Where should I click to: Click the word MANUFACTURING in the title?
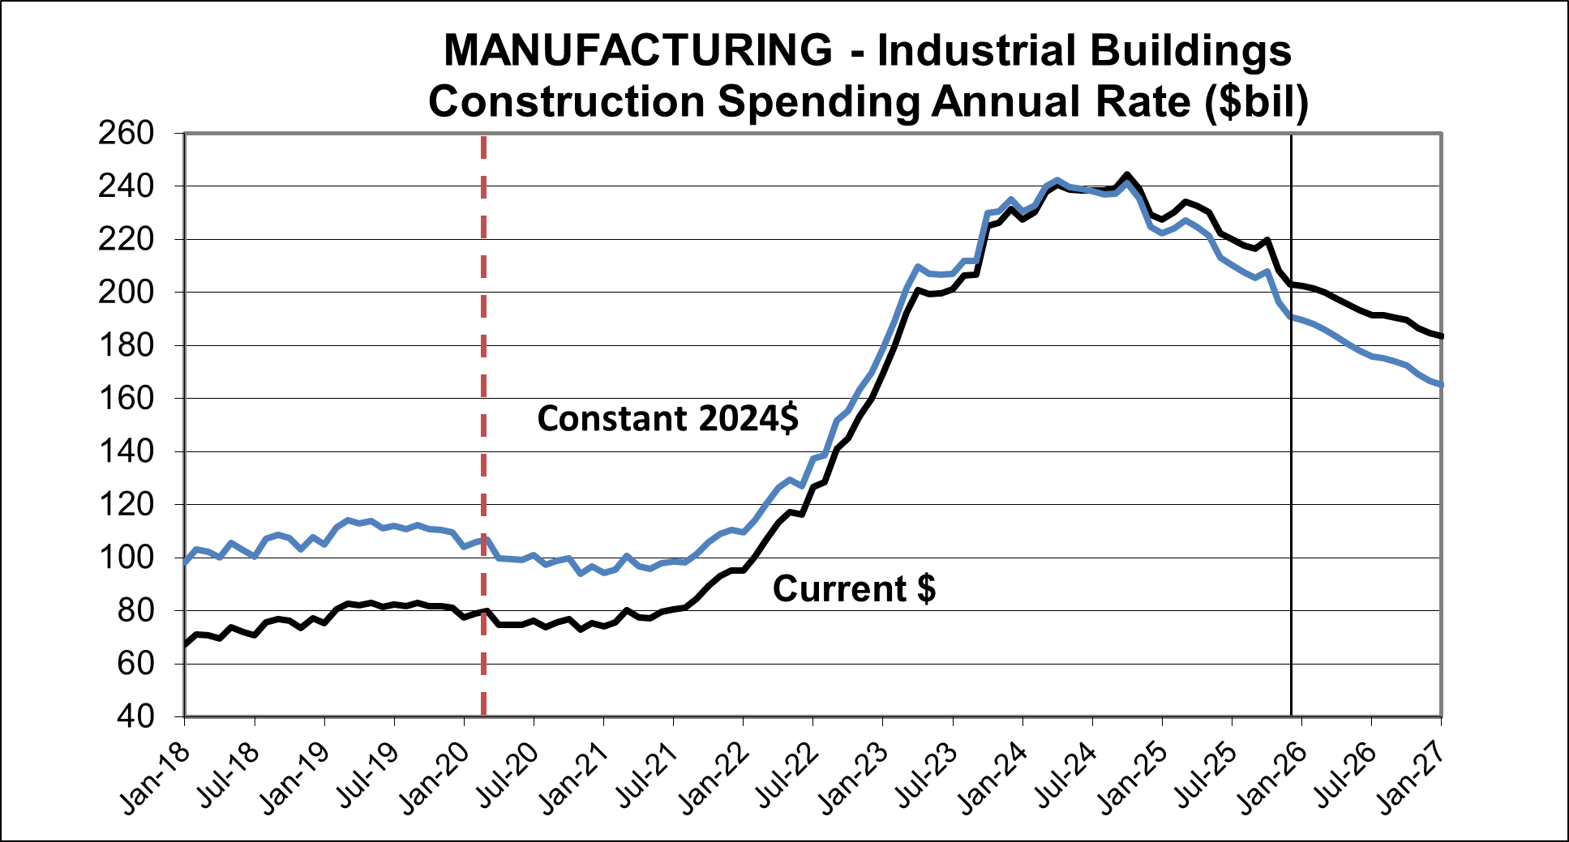point(637,50)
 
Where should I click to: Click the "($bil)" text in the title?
point(1256,102)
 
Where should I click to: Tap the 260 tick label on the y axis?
point(126,133)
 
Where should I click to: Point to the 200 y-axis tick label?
point(126,292)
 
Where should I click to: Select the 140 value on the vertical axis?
point(126,451)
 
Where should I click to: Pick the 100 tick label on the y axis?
point(126,558)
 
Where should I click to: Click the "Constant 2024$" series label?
point(667,419)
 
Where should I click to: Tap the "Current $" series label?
point(854,588)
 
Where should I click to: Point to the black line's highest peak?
point(1127,174)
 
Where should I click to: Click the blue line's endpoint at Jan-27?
point(1441,385)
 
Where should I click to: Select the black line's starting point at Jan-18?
point(186,644)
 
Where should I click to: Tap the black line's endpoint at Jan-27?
point(1441,336)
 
